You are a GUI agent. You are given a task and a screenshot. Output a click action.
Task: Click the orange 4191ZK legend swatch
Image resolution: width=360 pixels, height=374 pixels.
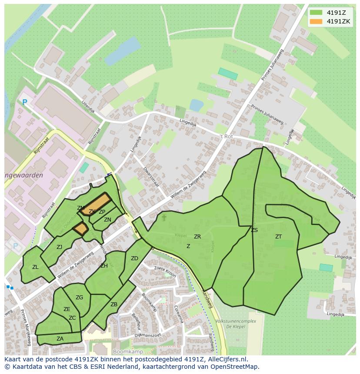click(x=316, y=21)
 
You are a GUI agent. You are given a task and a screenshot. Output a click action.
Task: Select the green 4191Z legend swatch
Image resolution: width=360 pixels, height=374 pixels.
click(x=316, y=12)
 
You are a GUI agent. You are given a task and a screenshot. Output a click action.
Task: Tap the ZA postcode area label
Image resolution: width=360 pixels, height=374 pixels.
click(x=60, y=339)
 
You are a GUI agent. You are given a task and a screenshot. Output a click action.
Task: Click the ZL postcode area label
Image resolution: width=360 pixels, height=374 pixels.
click(x=35, y=267)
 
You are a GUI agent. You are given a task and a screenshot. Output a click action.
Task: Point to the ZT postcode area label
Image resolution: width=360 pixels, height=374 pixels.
click(x=278, y=237)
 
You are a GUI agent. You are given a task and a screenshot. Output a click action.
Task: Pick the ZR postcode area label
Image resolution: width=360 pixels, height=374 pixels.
click(x=197, y=237)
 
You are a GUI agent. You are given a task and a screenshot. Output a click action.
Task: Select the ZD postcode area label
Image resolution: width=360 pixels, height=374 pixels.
click(x=134, y=258)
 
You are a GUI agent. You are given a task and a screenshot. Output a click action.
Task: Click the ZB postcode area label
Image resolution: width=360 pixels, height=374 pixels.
click(x=114, y=304)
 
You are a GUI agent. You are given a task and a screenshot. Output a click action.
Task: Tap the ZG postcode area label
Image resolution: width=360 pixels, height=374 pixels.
click(x=79, y=298)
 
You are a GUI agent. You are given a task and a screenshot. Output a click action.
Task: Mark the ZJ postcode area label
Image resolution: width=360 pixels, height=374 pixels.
click(x=59, y=247)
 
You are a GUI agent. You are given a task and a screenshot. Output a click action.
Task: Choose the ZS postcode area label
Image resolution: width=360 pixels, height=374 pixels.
click(x=254, y=230)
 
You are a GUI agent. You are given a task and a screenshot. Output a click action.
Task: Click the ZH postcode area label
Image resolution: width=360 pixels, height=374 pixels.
click(x=104, y=266)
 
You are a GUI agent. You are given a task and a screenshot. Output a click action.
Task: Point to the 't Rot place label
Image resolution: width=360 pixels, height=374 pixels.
click(x=227, y=136)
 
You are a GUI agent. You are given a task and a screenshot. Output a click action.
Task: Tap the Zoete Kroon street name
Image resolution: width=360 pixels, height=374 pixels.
click(x=165, y=272)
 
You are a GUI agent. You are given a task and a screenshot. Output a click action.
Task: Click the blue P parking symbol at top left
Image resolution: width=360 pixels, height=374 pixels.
click(x=25, y=103)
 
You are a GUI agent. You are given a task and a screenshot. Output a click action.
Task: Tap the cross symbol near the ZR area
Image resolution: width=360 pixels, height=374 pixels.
click(x=164, y=217)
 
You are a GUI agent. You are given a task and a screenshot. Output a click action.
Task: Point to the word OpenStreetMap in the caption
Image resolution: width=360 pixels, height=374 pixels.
click(x=235, y=367)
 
